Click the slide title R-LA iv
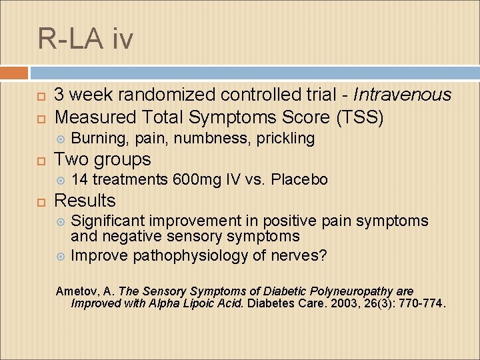pos(85,39)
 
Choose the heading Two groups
pos(102,159)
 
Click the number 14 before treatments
pos(79,180)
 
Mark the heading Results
pos(85,201)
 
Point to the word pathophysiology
pos(191,255)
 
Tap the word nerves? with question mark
pos(299,255)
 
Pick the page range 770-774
pos(421,304)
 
